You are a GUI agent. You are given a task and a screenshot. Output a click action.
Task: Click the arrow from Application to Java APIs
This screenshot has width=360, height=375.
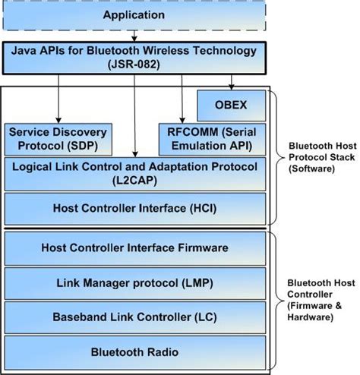tap(134, 36)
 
